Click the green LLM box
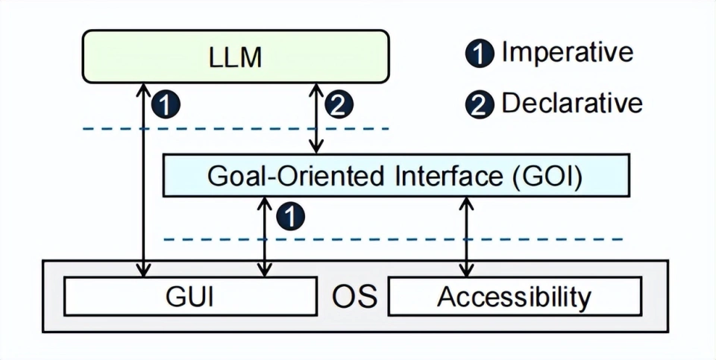pos(235,57)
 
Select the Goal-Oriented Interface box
pos(396,176)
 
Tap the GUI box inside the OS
pos(189,297)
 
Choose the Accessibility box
pos(515,297)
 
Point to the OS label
pos(354,297)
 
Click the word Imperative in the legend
pos(567,52)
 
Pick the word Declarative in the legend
pos(572,103)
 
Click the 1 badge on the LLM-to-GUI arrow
pos(166,104)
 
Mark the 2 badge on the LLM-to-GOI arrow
pos(338,104)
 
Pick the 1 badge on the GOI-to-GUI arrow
pos(291,216)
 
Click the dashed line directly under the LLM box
pos(224,130)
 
